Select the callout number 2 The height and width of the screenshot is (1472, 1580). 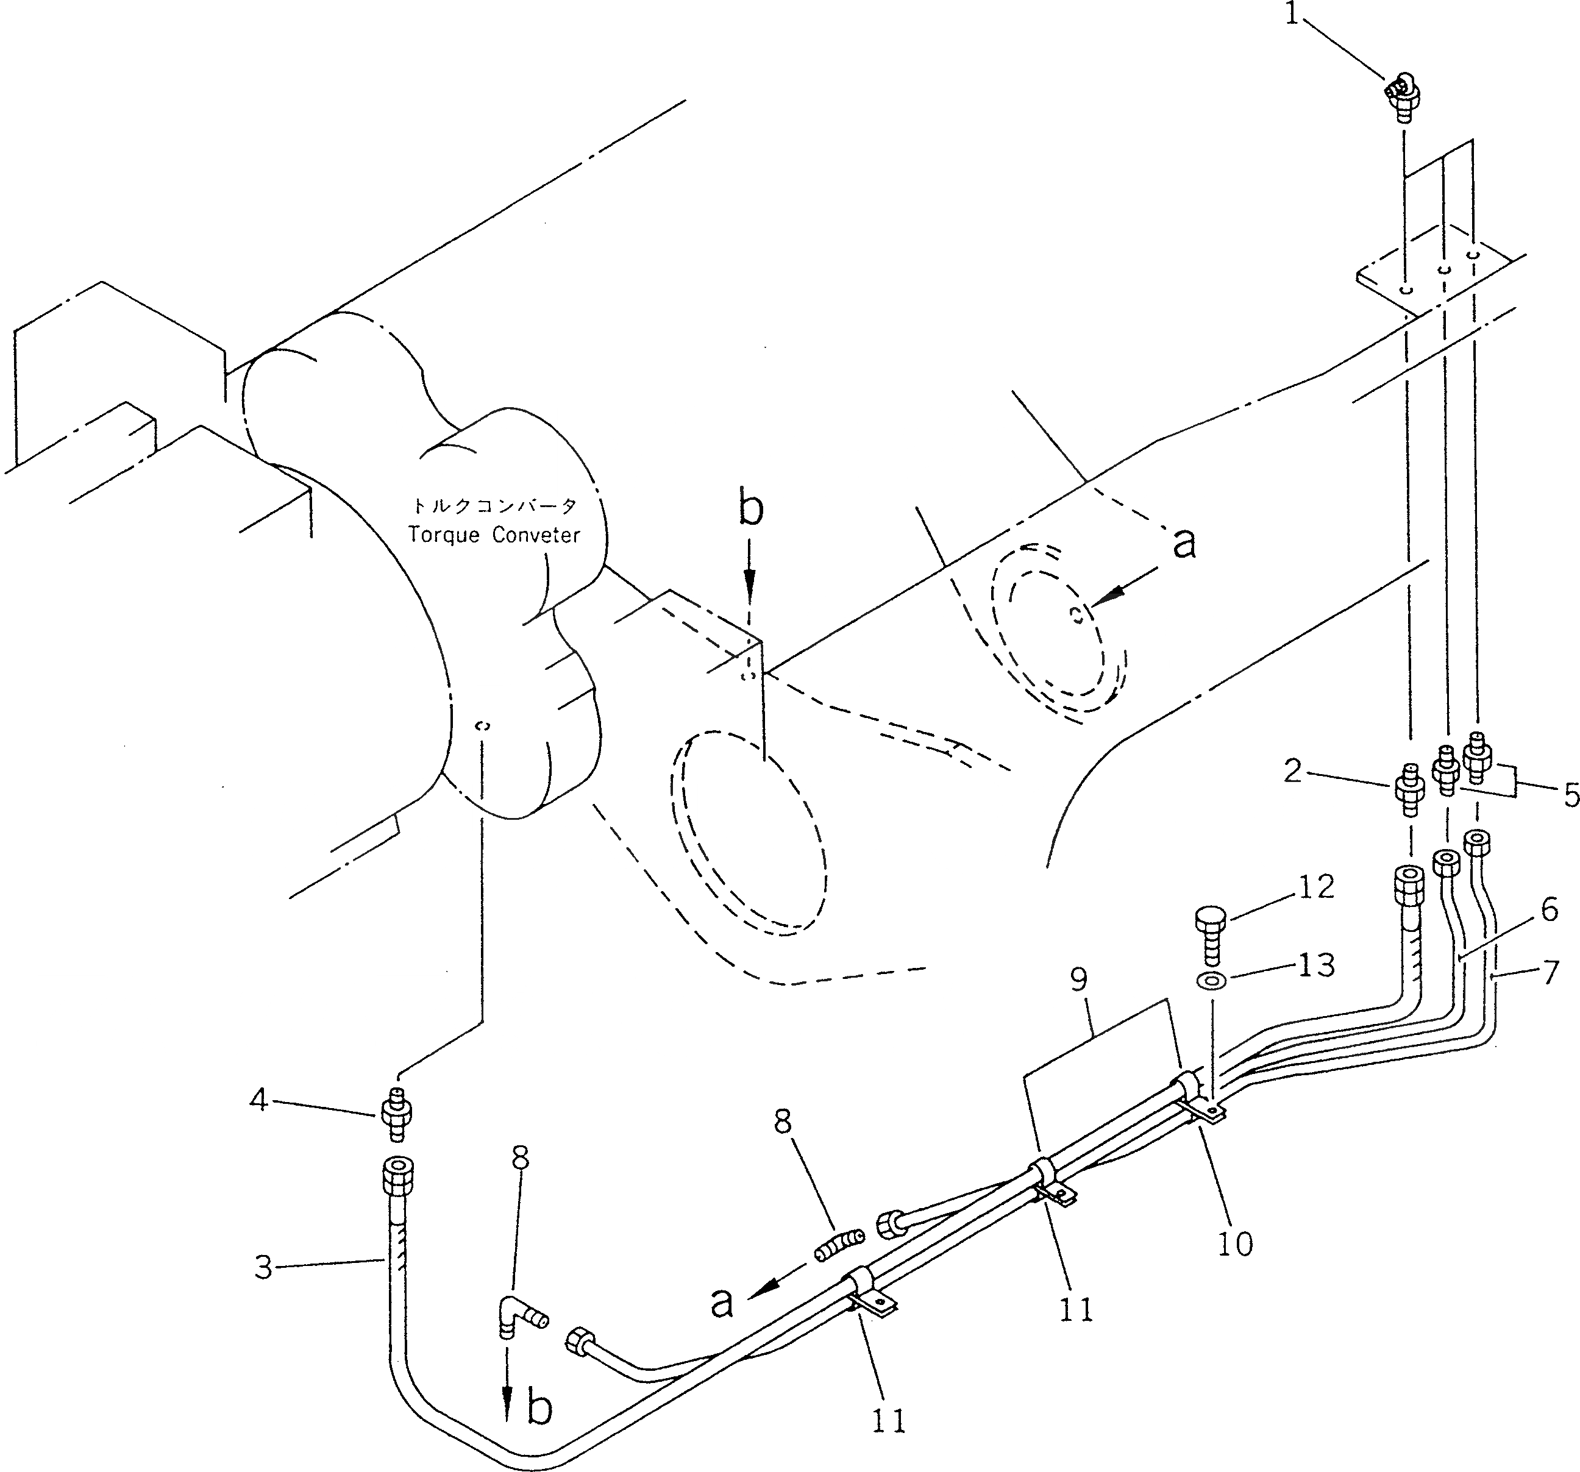point(1293,769)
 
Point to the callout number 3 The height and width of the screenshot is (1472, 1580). point(264,1267)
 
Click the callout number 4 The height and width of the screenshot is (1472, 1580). point(259,1101)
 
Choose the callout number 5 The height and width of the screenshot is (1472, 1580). point(1570,794)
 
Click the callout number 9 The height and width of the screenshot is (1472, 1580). point(1078,980)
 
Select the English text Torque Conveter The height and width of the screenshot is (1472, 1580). point(494,535)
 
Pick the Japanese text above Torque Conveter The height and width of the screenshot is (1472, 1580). point(494,505)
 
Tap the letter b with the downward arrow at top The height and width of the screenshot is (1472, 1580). point(750,510)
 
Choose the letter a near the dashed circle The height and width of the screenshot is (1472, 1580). point(1183,544)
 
